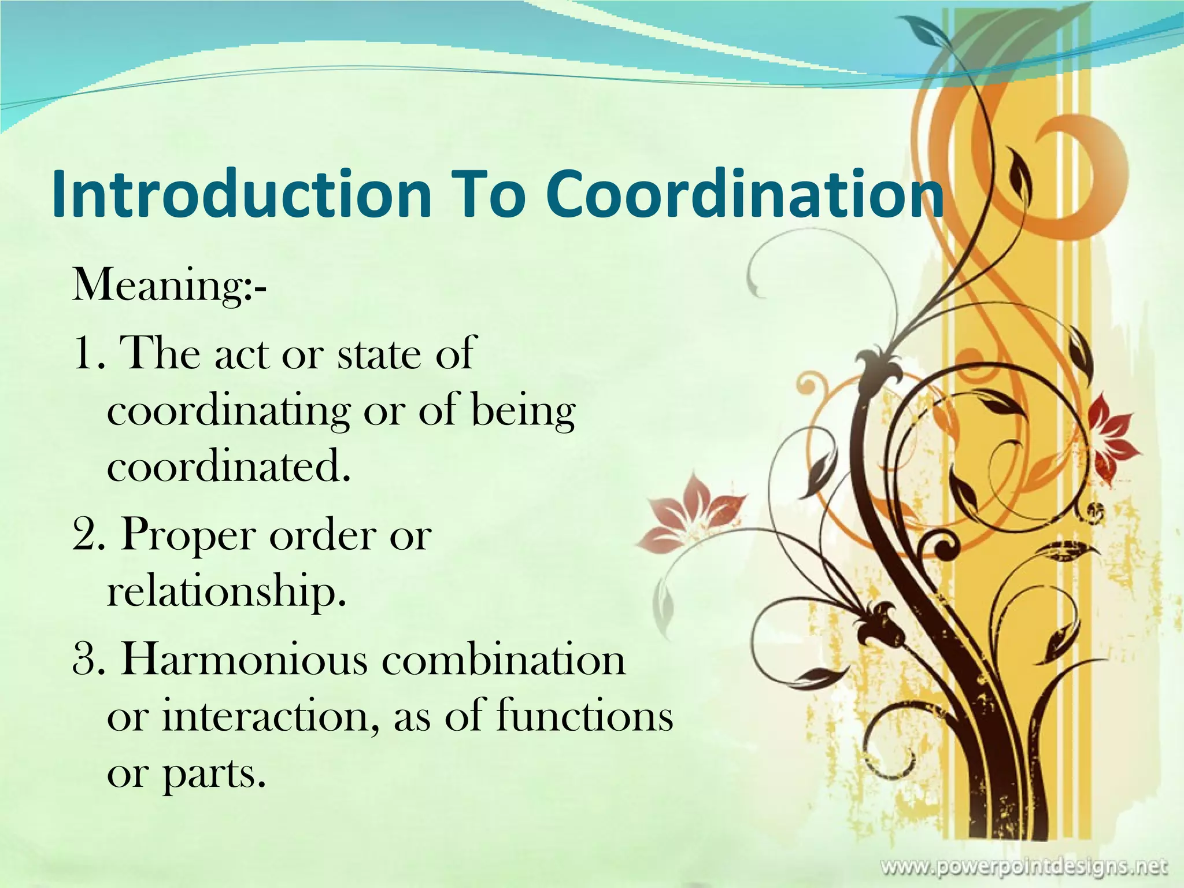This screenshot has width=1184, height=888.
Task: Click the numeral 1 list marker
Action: tap(83, 354)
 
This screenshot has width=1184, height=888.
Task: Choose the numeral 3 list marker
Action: tap(83, 660)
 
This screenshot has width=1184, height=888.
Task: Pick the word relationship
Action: tap(226, 593)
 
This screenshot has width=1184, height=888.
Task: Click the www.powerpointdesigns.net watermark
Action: tap(1023, 866)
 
